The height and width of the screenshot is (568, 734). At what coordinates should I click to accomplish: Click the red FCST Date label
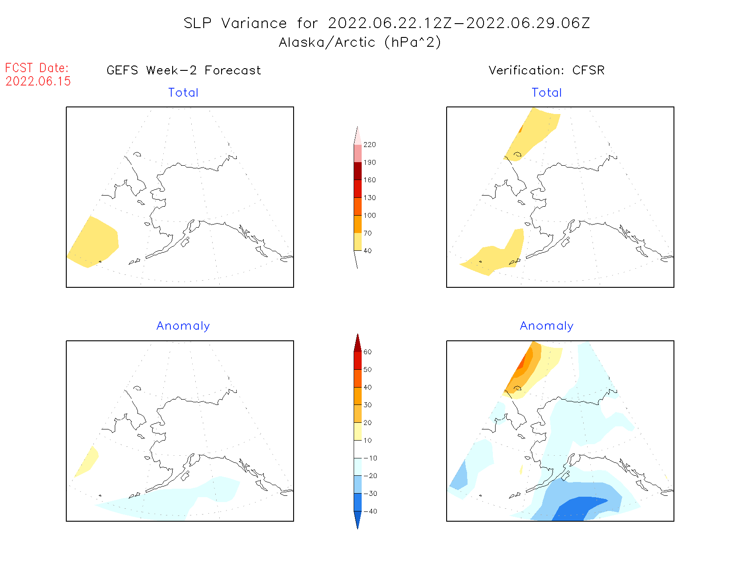point(37,68)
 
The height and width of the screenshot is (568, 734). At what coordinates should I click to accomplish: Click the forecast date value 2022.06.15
point(38,82)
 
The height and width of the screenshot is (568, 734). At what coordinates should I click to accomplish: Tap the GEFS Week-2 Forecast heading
point(184,70)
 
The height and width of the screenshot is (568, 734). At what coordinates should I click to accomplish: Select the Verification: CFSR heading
point(546,70)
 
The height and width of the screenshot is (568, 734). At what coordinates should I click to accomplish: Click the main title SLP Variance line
point(387,23)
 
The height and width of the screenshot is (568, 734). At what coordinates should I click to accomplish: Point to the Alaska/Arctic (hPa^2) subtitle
point(360,42)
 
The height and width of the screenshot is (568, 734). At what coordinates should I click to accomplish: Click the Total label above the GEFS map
point(183,93)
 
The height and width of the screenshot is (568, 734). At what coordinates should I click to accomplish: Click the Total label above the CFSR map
point(547,93)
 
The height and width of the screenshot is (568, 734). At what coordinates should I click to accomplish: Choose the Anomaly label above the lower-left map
point(183,326)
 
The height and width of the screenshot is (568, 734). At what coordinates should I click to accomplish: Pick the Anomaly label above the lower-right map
point(547,326)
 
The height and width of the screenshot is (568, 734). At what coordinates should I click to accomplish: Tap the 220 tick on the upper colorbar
point(369,145)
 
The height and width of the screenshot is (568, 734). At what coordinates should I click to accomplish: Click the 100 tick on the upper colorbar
point(369,216)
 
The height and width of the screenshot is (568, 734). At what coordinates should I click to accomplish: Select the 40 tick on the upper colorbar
point(367,251)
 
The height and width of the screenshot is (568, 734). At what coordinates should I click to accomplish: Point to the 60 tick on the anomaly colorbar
point(367,352)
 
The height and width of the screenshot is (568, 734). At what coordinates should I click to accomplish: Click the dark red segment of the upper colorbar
point(358,171)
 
